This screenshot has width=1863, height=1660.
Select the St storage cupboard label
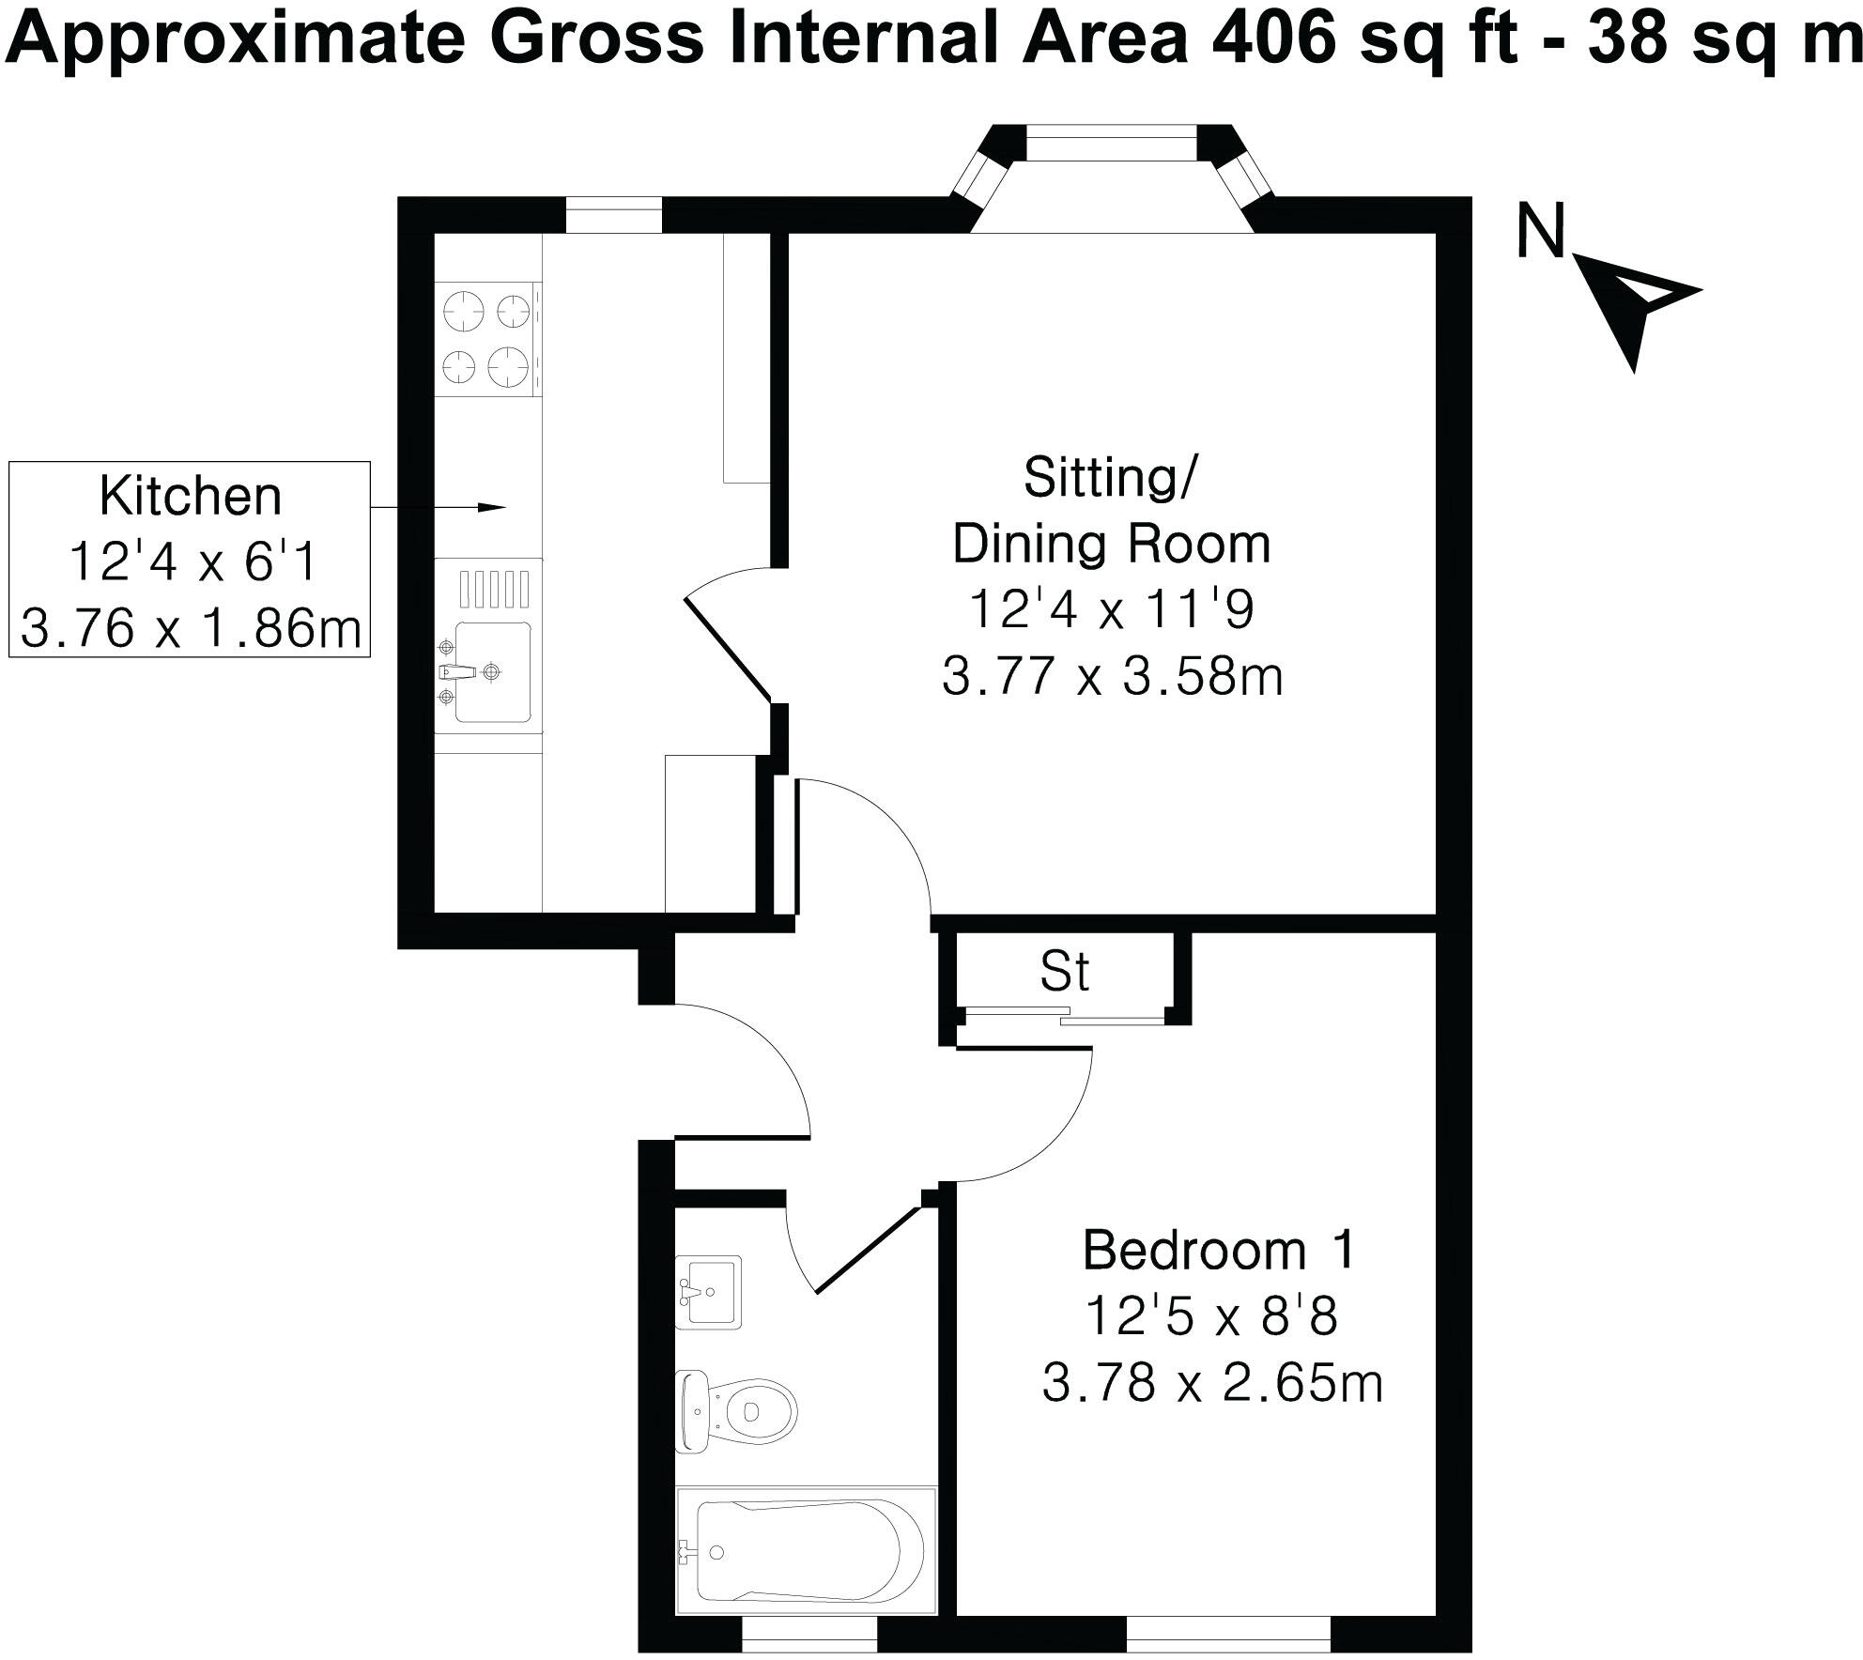[x=1064, y=973]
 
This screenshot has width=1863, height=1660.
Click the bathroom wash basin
[x=709, y=1292]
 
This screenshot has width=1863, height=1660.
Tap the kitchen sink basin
[x=492, y=671]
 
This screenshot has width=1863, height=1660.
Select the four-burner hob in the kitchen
[x=487, y=337]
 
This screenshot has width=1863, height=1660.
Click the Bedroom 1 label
[x=1219, y=1252]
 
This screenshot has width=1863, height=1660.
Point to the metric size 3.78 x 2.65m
[x=1212, y=1384]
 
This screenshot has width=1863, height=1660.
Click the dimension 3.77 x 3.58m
[x=1112, y=676]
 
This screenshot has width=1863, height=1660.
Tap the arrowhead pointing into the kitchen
[x=492, y=508]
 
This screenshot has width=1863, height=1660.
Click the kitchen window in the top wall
[x=613, y=214]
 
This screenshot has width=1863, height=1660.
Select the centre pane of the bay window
[x=1112, y=145]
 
